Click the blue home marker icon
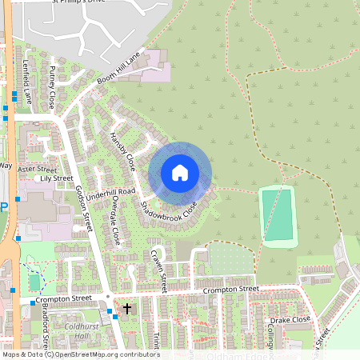click(x=180, y=173)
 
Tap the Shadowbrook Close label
click(x=168, y=211)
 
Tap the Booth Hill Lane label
click(x=118, y=69)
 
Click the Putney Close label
click(x=52, y=88)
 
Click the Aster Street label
click(x=38, y=170)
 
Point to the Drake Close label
click(x=290, y=319)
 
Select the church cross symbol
click(x=127, y=308)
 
